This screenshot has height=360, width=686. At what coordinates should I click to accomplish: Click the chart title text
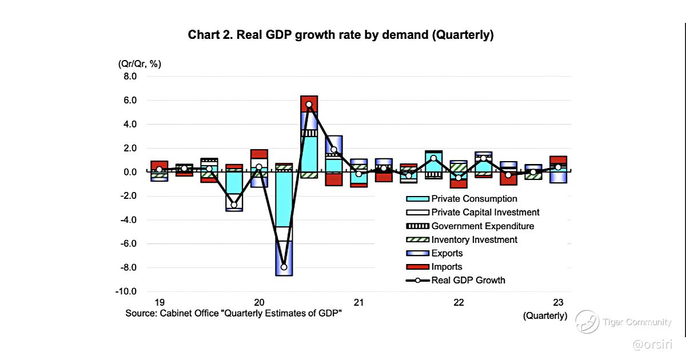[x=341, y=35]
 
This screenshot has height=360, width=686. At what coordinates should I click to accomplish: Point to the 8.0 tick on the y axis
[x=127, y=77]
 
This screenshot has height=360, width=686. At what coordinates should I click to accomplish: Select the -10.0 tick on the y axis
[x=125, y=291]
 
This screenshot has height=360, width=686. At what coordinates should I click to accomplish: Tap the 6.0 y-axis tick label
[x=127, y=101]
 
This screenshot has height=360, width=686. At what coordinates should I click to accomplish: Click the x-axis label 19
[x=159, y=302]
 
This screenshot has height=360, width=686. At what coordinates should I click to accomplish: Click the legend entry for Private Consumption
[x=474, y=199]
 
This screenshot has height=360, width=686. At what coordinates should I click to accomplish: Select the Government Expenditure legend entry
[x=482, y=226]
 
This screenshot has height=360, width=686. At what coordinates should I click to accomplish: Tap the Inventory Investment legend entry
[x=474, y=240]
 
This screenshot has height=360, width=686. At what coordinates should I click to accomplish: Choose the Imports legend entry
[x=446, y=267]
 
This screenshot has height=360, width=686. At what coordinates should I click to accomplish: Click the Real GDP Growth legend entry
[x=468, y=281]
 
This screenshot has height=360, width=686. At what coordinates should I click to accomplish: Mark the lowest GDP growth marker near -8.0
[x=284, y=267]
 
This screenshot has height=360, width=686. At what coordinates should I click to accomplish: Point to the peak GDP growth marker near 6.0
[x=309, y=105]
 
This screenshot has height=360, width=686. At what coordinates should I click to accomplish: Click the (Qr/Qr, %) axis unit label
[x=139, y=63]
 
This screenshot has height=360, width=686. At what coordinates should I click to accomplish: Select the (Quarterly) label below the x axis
[x=545, y=315]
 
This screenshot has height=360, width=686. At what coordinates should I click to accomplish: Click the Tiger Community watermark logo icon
[x=587, y=322]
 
